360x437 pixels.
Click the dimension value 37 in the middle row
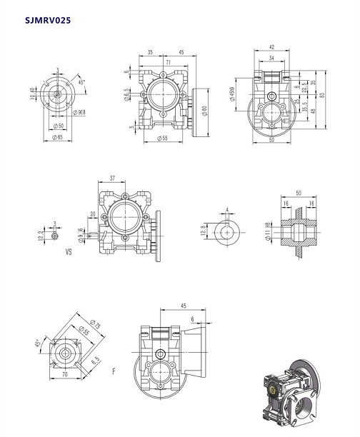(113, 178)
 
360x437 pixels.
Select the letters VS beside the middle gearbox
(69, 252)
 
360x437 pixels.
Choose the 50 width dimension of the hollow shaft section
(298, 194)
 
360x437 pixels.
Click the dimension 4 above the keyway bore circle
(226, 210)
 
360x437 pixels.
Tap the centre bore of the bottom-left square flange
(65, 353)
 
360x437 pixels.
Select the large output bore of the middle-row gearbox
(127, 214)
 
